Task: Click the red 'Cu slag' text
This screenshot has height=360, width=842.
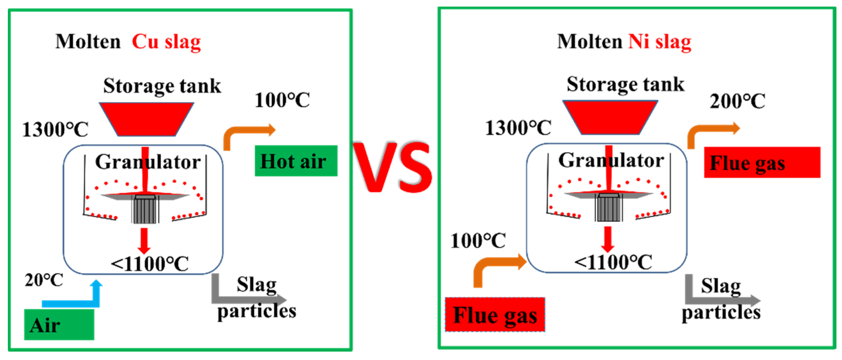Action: click(166, 42)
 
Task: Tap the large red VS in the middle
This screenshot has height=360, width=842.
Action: click(393, 167)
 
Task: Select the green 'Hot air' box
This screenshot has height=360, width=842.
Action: click(296, 161)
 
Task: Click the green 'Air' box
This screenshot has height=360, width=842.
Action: click(59, 325)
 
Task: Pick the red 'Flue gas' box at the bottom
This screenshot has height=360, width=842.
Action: click(495, 315)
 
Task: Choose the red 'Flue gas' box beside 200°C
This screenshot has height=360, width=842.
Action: click(762, 162)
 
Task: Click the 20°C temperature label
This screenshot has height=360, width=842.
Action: click(44, 280)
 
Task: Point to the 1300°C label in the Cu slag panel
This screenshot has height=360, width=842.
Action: click(55, 129)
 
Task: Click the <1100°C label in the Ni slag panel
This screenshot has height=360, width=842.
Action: click(613, 262)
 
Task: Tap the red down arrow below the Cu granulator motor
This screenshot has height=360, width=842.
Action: click(144, 240)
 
